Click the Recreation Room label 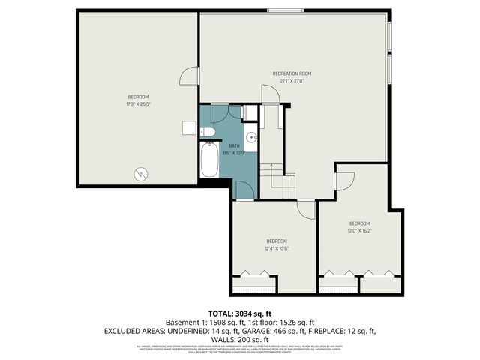292,73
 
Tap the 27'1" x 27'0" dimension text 292,81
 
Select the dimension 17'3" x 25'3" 138,104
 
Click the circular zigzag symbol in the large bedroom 139,175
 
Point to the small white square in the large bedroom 188,128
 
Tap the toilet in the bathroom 208,133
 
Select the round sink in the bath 252,138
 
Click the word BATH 234,145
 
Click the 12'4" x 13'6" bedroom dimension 277,248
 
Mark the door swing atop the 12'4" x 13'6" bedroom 305,211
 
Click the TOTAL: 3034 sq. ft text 239,313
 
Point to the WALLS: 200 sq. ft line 239,339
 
